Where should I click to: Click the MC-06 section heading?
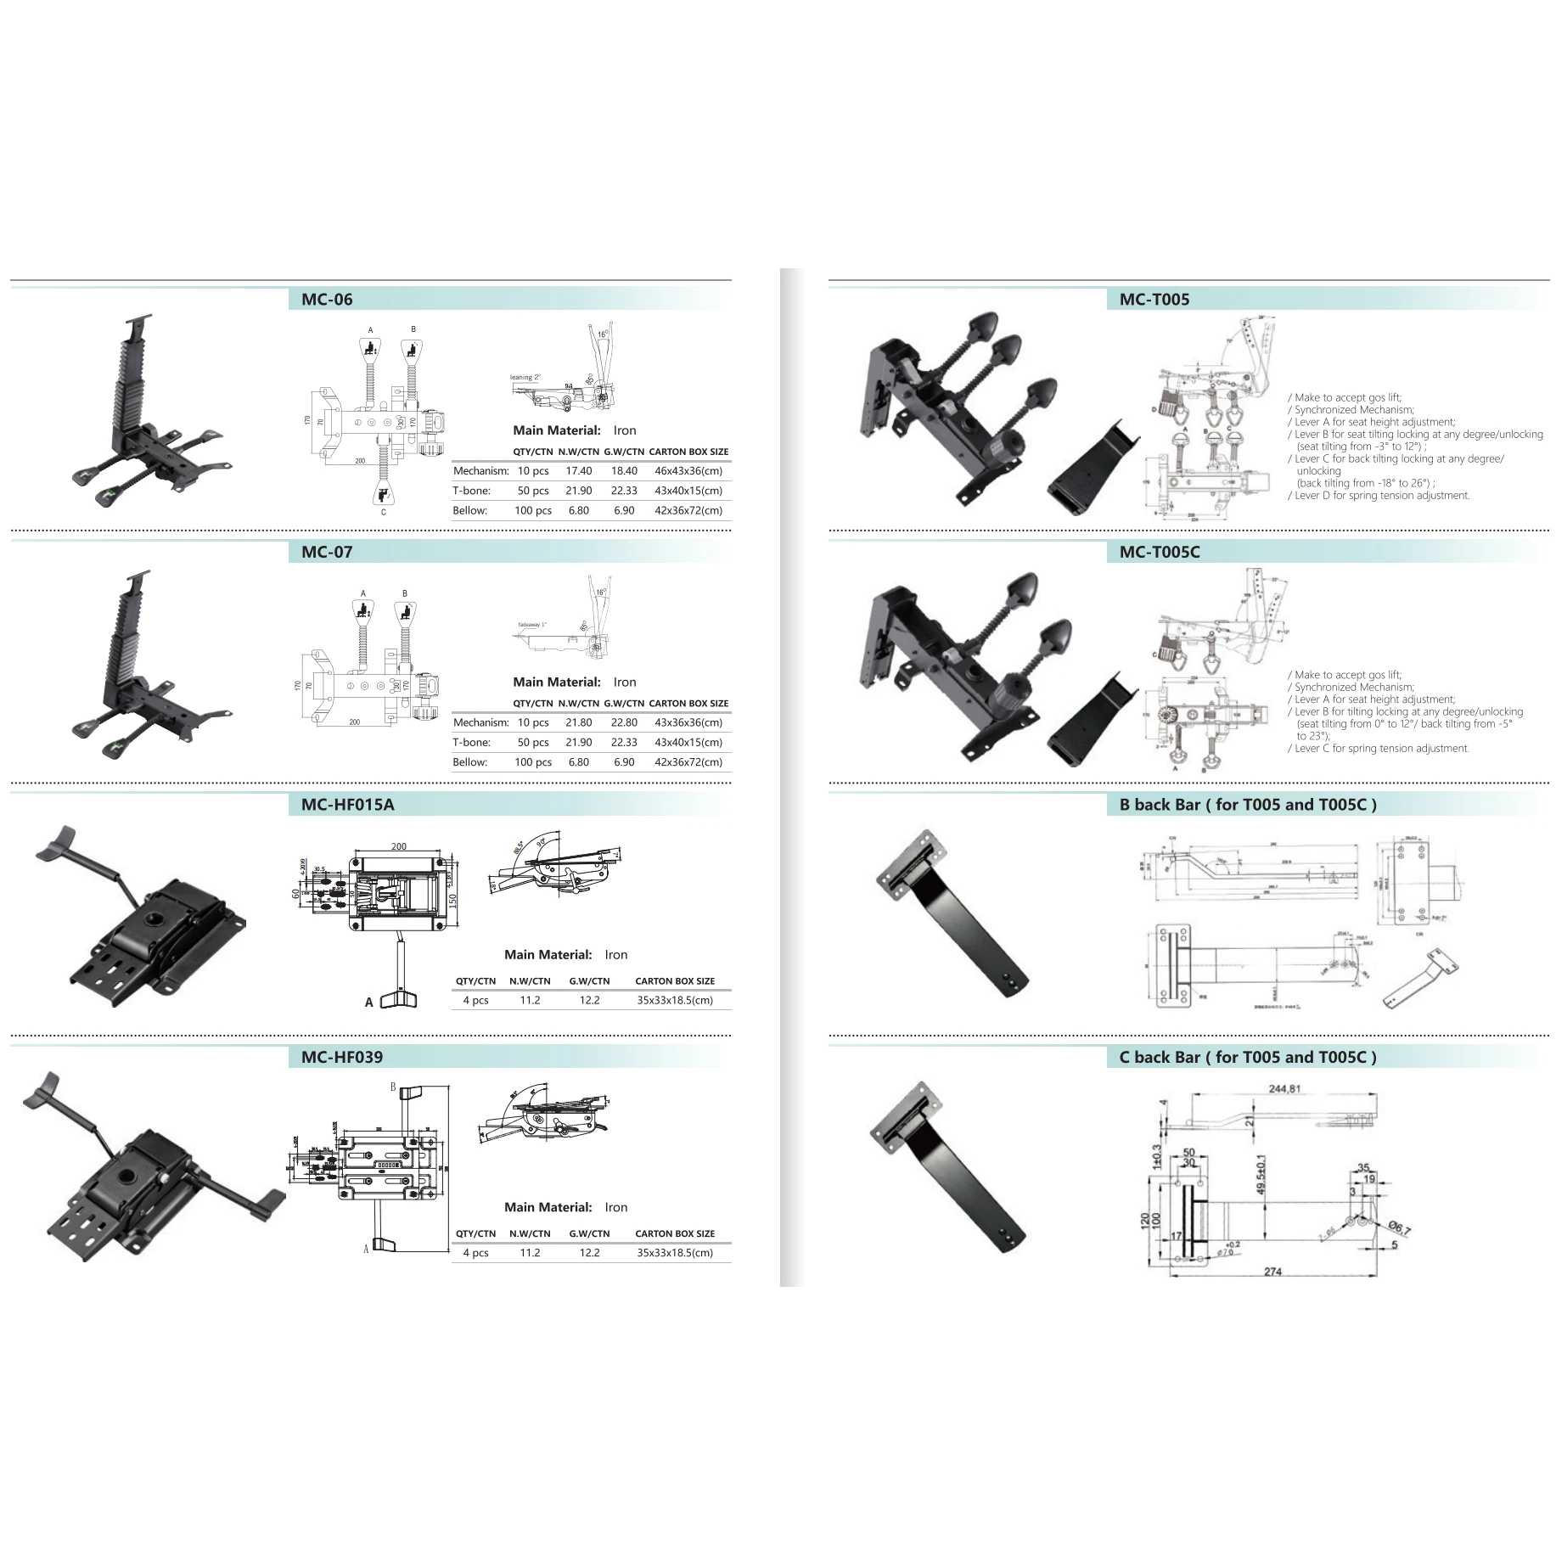click(x=327, y=300)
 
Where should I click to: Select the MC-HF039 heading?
click(x=341, y=1057)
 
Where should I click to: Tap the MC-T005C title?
click(x=1160, y=552)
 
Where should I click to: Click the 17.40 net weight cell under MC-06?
click(x=579, y=471)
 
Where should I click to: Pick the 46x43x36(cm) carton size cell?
click(x=688, y=471)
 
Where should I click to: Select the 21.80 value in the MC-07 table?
click(x=579, y=722)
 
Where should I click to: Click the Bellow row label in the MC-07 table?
click(x=470, y=762)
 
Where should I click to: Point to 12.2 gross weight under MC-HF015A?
click(x=589, y=1000)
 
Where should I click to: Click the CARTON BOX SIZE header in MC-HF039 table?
click(x=675, y=1233)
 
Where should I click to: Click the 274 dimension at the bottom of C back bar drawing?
click(x=1272, y=1272)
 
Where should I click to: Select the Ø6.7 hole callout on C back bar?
click(x=1399, y=1228)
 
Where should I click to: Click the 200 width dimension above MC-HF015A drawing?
click(x=399, y=846)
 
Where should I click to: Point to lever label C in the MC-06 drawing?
click(x=384, y=513)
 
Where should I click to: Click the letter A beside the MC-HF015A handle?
click(x=368, y=1003)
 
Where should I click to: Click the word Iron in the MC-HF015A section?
click(x=616, y=955)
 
